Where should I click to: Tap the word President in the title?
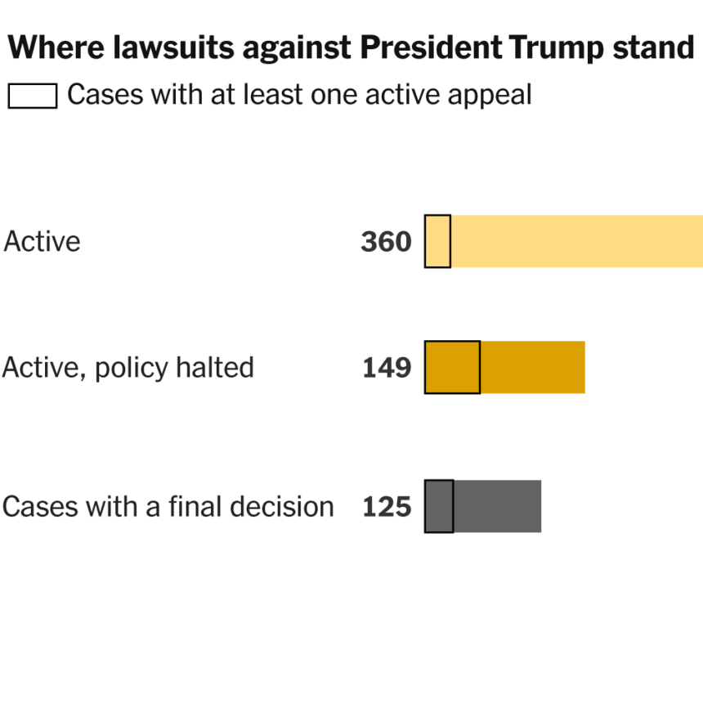tap(430, 50)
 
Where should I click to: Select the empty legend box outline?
tap(33, 96)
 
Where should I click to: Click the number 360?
tap(386, 242)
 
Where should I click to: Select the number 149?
tap(387, 368)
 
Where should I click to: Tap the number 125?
tap(387, 507)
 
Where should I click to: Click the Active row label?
tap(43, 242)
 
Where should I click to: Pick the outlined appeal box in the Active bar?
tap(437, 241)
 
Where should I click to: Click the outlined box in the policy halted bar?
tap(452, 367)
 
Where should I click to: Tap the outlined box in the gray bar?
tap(439, 506)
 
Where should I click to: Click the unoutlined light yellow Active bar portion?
tap(576, 241)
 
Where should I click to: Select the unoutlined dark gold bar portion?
tap(532, 367)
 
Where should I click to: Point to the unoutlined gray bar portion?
tap(497, 506)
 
